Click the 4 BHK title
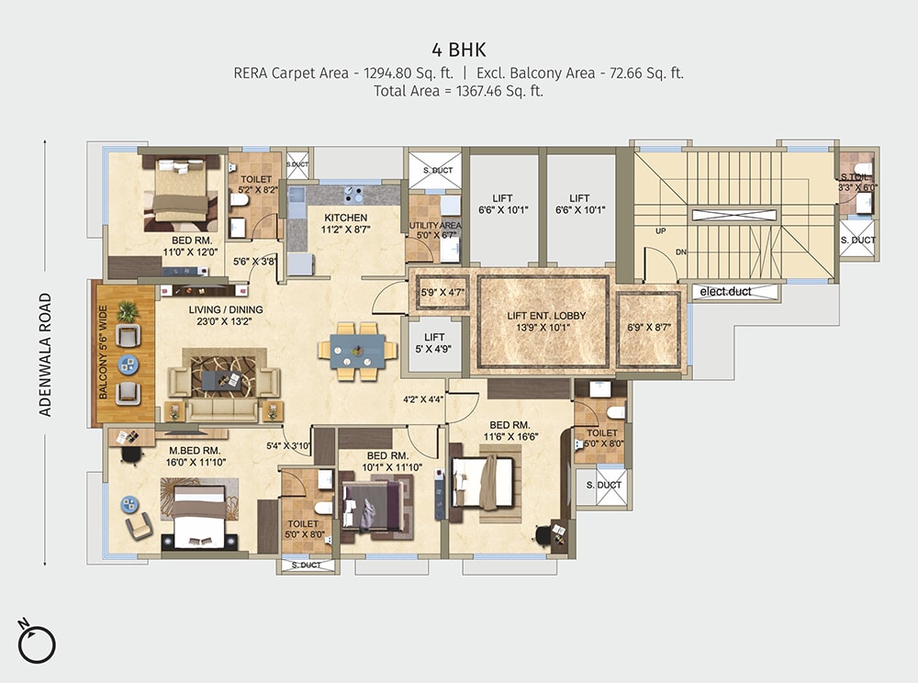point(459,48)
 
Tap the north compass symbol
point(37,640)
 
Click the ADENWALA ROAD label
point(45,355)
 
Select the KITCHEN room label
point(345,218)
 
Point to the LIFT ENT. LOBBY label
point(546,316)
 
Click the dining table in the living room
point(358,350)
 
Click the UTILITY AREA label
point(436,225)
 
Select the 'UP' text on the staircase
point(660,231)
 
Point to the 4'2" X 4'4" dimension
point(423,399)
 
